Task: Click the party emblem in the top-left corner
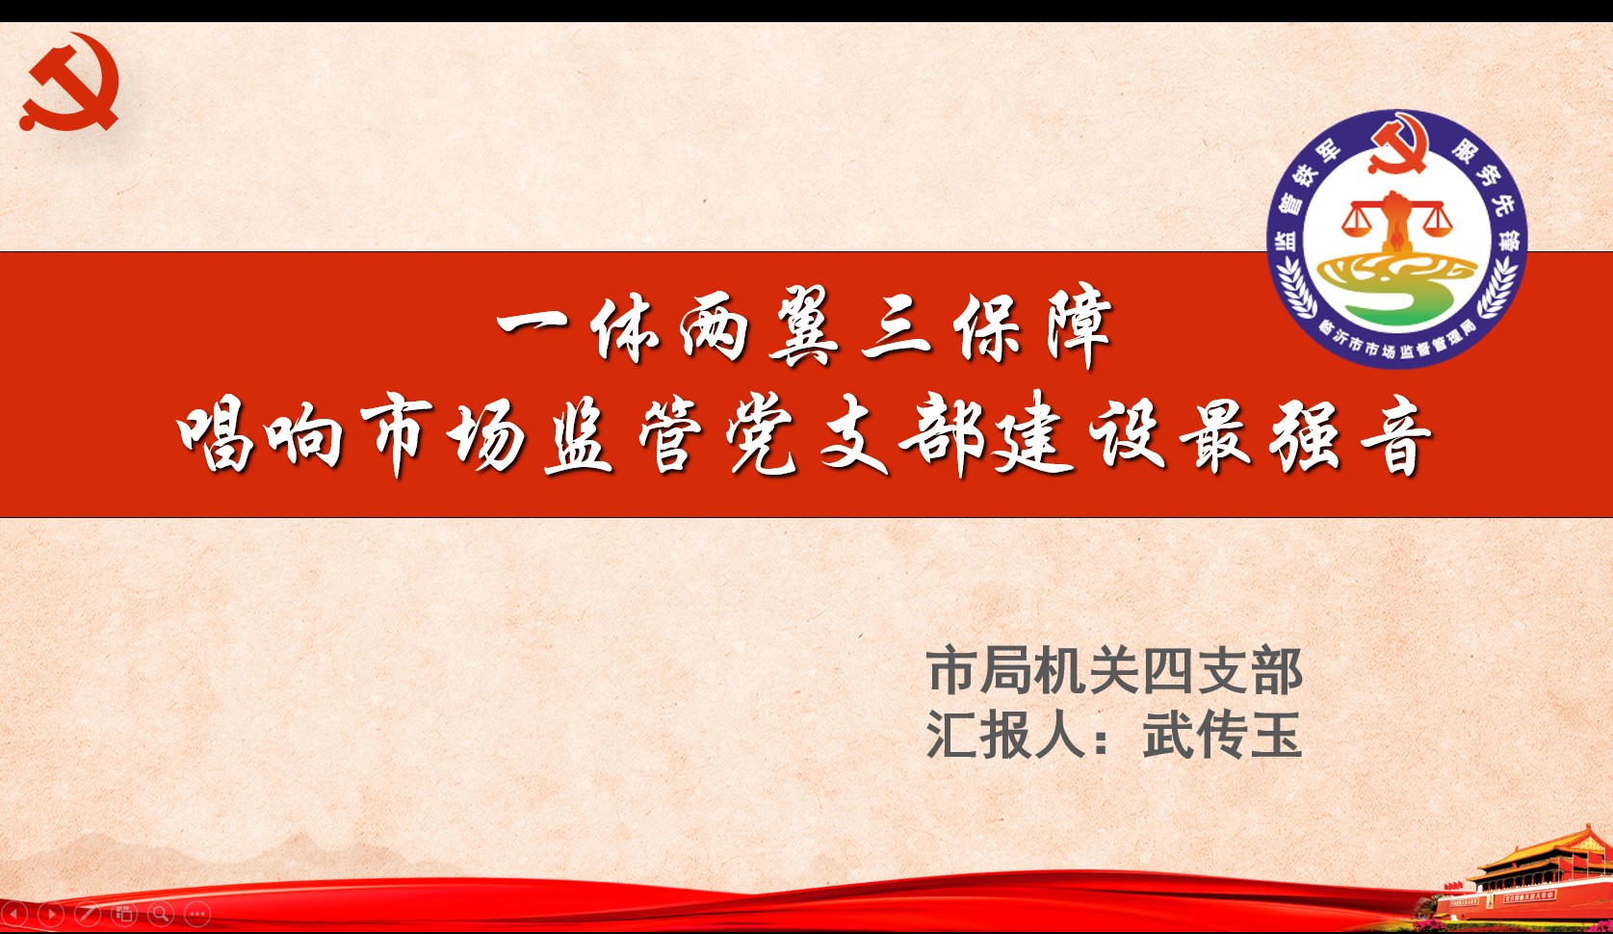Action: pos(70,82)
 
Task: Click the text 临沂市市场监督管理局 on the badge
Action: pos(1397,341)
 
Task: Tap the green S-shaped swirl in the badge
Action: pos(1397,288)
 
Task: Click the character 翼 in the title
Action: pos(803,326)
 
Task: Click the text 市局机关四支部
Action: pos(1114,671)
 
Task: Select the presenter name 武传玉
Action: pos(1223,736)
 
